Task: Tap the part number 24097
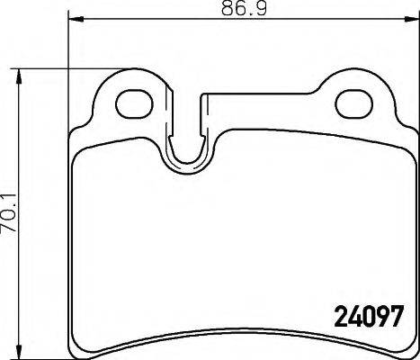point(368,317)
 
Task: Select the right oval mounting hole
point(353,102)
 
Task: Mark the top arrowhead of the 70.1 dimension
point(23,73)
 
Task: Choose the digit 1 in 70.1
point(12,193)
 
